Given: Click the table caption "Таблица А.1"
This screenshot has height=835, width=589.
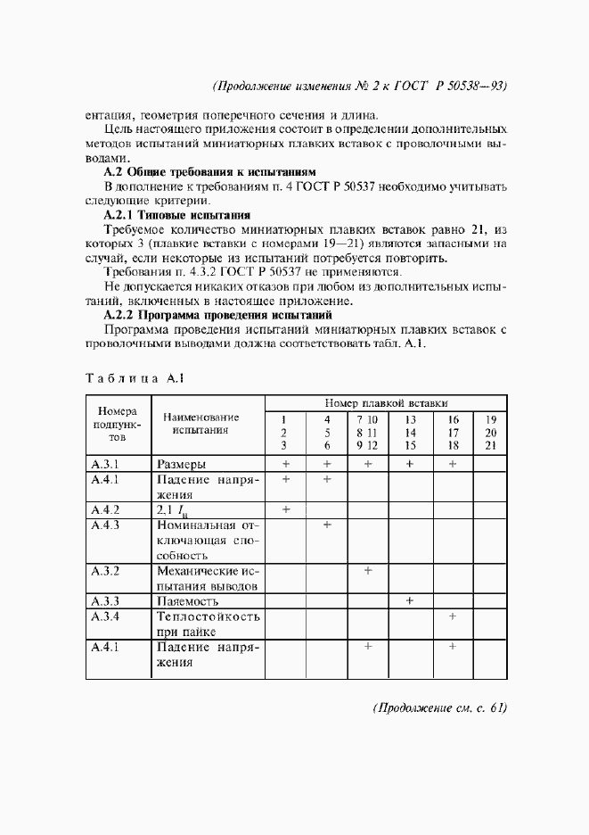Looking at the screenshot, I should pos(135,377).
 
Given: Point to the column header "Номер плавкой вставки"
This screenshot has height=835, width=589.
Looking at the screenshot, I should pos(386,402).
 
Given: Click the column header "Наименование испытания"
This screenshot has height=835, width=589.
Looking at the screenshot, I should pos(194,423).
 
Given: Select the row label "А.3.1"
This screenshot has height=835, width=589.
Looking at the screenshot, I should pos(105,464).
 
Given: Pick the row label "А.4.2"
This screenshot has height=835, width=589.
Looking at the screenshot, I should pos(105,509).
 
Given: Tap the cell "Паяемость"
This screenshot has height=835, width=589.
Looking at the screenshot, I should pos(187,602).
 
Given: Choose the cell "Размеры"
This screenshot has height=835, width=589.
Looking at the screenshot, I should pos(182,464).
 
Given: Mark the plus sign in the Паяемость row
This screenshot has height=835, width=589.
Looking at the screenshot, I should pos(410,601).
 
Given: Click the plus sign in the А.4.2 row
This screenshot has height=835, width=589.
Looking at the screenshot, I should pos(286,509).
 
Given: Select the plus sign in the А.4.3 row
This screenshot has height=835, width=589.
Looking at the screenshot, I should pos(327,525).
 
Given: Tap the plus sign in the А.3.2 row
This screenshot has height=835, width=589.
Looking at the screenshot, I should pos(368,570).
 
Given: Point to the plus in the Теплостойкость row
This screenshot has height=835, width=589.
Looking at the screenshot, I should pos(453,616).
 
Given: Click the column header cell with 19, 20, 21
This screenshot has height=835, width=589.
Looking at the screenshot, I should pos(490,432).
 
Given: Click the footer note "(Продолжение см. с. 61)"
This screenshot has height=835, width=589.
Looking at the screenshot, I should pos(438,708).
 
